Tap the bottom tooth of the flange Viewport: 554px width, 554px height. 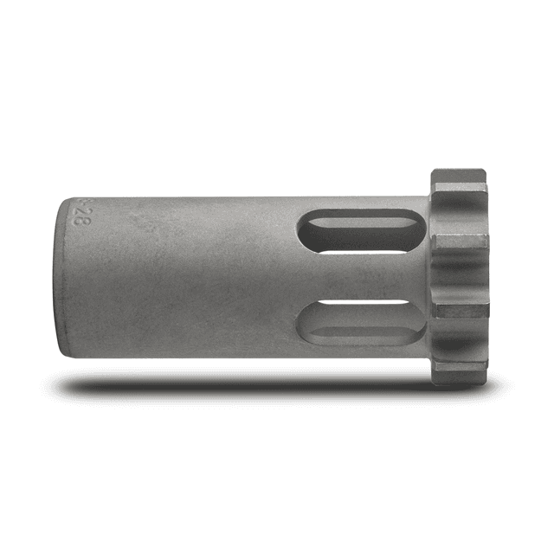(x=460, y=372)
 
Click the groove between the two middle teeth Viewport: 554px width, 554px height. (x=459, y=279)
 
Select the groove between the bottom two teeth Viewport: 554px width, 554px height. (x=458, y=343)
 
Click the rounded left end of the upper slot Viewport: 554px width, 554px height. (x=305, y=232)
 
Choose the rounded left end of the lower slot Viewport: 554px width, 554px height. (x=304, y=324)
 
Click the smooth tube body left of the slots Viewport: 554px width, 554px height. (x=190, y=277)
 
